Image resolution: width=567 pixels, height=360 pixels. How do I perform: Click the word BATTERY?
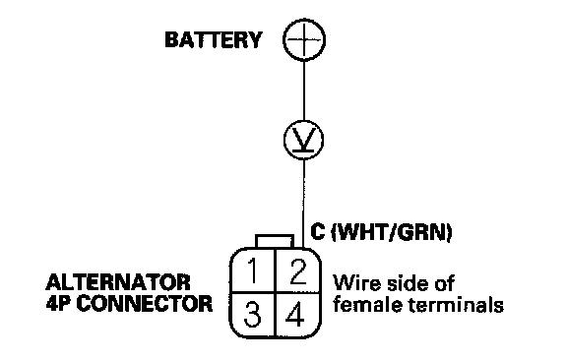[x=214, y=39]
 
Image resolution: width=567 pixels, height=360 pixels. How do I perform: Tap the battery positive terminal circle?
[x=304, y=39]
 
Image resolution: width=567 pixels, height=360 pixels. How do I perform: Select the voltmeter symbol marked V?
[x=304, y=140]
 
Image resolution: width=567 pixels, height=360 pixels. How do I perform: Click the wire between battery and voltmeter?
[x=304, y=90]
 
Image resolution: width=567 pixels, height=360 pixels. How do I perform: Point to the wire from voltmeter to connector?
[x=304, y=204]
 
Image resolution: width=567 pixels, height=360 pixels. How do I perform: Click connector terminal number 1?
[x=253, y=270]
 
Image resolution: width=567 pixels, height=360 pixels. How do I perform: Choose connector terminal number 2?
[x=298, y=270]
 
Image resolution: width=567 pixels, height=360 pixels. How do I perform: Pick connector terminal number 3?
[x=252, y=314]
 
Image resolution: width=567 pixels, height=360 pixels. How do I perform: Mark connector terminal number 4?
[x=295, y=314]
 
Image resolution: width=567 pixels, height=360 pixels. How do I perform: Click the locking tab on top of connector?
[x=275, y=241]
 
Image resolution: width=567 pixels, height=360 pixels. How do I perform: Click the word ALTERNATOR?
[x=118, y=282]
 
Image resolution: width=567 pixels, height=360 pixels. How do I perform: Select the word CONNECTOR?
[x=145, y=304]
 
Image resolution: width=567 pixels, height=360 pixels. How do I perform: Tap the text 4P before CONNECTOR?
[x=59, y=304]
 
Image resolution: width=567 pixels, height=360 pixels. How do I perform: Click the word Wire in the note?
[x=357, y=283]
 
